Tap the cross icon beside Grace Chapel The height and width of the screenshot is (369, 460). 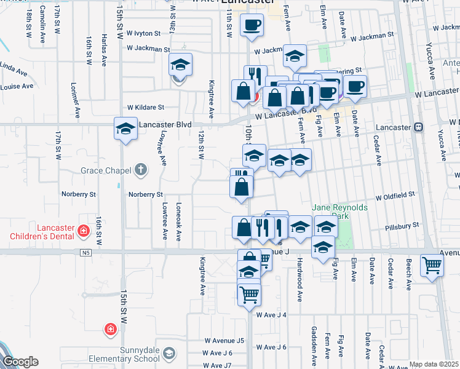141,170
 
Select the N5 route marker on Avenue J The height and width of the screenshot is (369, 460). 84,252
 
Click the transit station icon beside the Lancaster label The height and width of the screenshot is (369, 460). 419,127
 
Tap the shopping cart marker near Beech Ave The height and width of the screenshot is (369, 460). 432,266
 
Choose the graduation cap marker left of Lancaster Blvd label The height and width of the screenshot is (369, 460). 125,129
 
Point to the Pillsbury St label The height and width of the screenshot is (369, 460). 401,227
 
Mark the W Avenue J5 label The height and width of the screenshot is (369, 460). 224,340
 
